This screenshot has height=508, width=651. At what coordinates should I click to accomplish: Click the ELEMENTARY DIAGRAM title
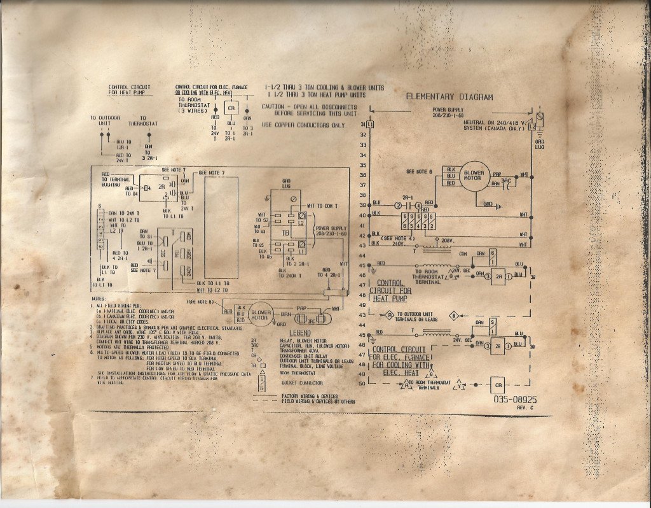coord(449,97)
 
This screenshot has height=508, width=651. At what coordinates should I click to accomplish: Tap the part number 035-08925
coord(514,400)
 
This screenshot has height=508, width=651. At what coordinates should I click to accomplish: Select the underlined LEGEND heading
coord(299,333)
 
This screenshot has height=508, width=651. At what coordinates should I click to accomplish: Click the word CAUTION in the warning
coord(275,106)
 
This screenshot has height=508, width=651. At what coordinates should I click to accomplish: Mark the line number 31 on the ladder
coord(363,123)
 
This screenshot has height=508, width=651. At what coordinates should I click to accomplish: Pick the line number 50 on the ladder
coord(363,384)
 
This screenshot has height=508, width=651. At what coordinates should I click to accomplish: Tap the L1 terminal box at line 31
coord(371,123)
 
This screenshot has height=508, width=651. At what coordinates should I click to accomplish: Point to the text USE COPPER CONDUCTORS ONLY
coord(303,125)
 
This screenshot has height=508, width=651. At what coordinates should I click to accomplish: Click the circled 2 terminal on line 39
coord(398,206)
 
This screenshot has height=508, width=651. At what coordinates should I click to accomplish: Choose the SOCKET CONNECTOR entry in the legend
coord(301,383)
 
